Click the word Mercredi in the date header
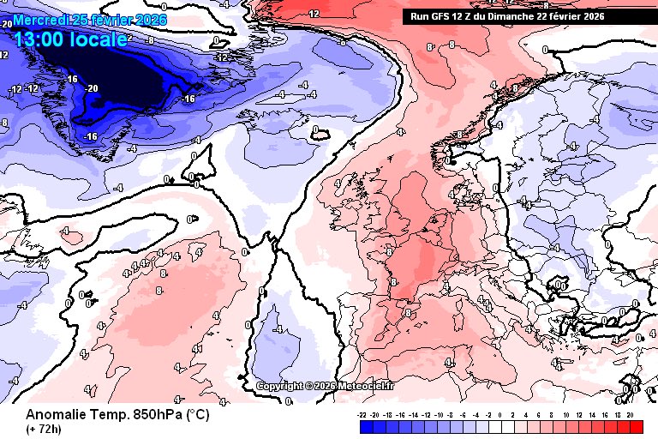coord(41,19)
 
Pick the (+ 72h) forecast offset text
coord(43,428)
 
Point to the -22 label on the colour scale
coord(363,414)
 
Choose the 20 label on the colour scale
coord(631,414)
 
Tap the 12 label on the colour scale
coord(578,414)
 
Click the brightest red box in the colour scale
coord(636,425)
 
